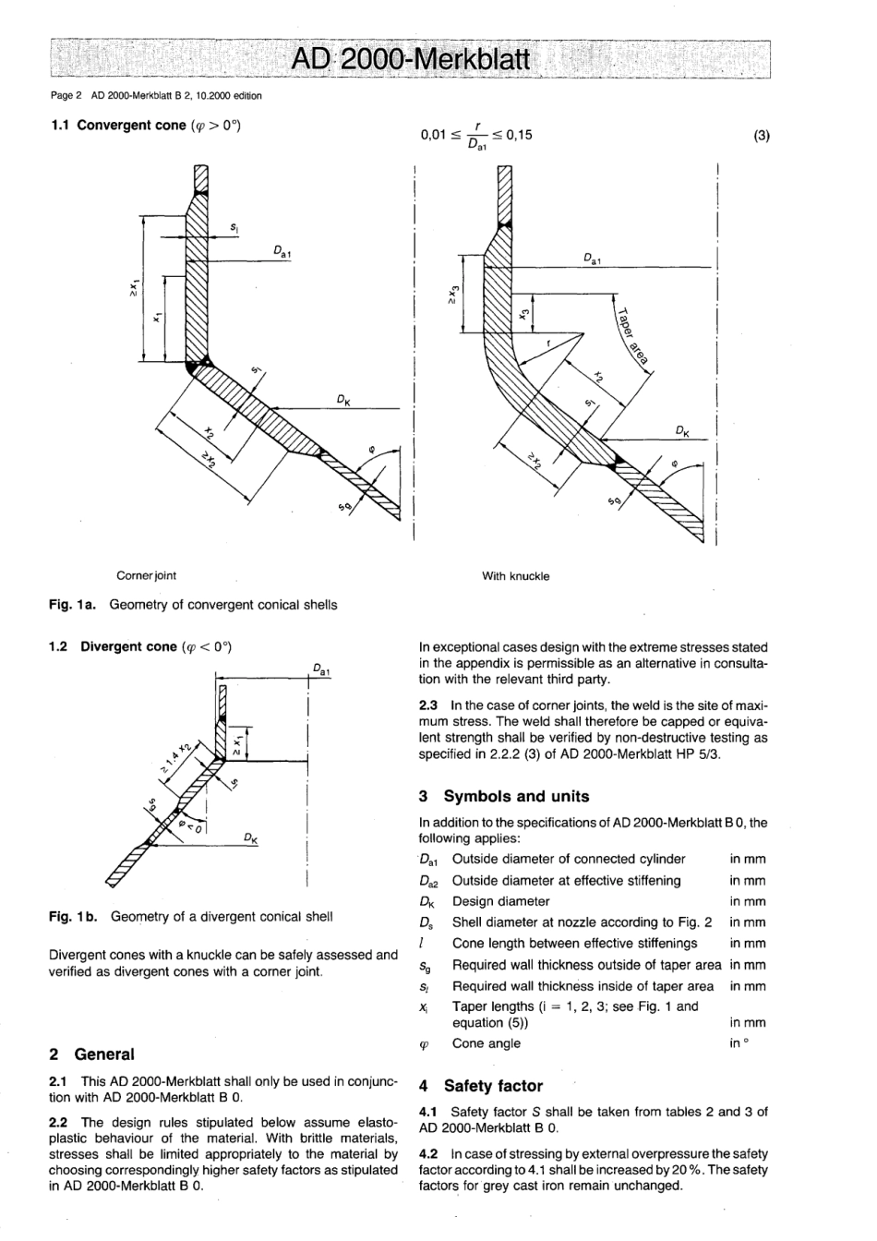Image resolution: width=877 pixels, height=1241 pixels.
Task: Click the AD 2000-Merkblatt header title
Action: coord(410,61)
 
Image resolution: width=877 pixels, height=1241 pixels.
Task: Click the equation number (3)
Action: coord(761,135)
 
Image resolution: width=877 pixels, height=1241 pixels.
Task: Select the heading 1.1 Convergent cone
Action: coord(145,125)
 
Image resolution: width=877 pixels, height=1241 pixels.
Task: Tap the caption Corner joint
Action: coord(146,575)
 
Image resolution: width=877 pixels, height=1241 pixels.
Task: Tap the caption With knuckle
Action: coord(515,576)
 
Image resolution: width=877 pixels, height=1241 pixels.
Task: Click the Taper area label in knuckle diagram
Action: coord(633,335)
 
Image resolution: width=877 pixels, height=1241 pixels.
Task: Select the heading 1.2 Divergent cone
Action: coord(139,646)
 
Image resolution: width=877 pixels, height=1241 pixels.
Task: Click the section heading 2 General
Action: coord(91,1054)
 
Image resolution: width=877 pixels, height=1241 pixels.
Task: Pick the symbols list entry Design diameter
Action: coord(500,901)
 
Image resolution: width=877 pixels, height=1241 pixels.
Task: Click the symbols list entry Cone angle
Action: coord(486,1043)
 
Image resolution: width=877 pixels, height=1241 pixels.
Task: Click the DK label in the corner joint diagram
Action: coord(342,400)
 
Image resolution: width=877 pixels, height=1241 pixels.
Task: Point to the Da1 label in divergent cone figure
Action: coord(319,669)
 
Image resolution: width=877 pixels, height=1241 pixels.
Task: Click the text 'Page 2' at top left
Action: coord(66,95)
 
